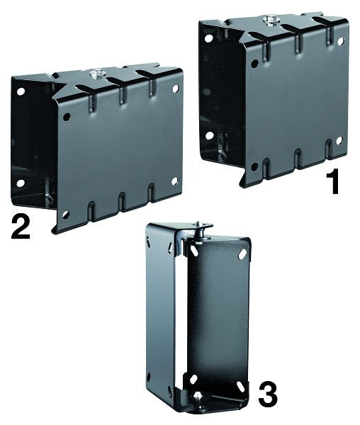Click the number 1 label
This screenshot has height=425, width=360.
pos(333,181)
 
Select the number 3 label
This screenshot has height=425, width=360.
pos(267,395)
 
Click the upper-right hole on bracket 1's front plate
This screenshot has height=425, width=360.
pos(341,41)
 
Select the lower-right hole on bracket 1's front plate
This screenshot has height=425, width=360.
pos(339,140)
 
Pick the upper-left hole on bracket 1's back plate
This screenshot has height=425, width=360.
pos(208,39)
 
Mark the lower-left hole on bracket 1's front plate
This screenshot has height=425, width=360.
pos(254,166)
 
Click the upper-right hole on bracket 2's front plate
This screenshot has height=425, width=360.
pos(175,89)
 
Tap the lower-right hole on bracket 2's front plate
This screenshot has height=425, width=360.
pos(174,181)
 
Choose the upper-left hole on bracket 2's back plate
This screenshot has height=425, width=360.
pos(21,91)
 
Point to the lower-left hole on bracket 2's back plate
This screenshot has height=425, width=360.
pos(20,183)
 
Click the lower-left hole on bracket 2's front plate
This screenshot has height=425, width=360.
pos(66,215)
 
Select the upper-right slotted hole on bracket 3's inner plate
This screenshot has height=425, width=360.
pos(242,254)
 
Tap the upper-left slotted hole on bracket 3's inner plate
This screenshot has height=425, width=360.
pos(194,251)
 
